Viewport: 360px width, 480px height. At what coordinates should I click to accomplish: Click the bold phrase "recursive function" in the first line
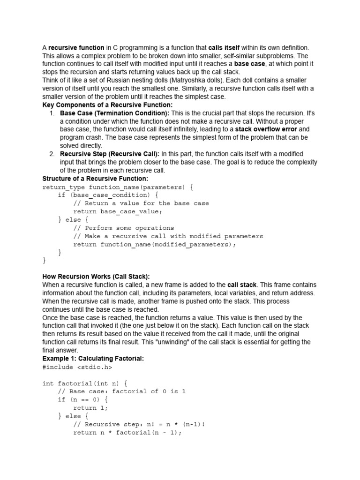[x=76, y=47]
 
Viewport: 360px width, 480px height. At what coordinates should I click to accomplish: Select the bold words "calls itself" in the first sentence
[x=224, y=47]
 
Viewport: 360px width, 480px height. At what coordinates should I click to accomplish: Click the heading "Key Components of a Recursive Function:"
[x=107, y=105]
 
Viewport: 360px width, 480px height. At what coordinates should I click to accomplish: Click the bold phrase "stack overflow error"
[x=266, y=129]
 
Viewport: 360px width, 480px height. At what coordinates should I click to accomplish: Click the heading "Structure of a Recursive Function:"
[x=95, y=179]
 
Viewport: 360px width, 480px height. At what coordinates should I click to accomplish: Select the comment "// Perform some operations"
[x=124, y=228]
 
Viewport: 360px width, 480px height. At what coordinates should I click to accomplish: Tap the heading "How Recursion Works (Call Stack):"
[x=96, y=277]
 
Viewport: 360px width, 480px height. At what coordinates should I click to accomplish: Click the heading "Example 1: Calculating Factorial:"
[x=93, y=359]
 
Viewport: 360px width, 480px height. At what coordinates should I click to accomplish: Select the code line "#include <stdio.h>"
[x=77, y=367]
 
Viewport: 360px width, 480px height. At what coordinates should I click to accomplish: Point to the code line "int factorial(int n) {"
[x=85, y=383]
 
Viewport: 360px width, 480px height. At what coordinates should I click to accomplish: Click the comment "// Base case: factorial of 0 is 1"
[x=122, y=391]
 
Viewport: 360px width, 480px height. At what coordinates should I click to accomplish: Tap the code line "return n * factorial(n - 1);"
[x=127, y=433]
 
